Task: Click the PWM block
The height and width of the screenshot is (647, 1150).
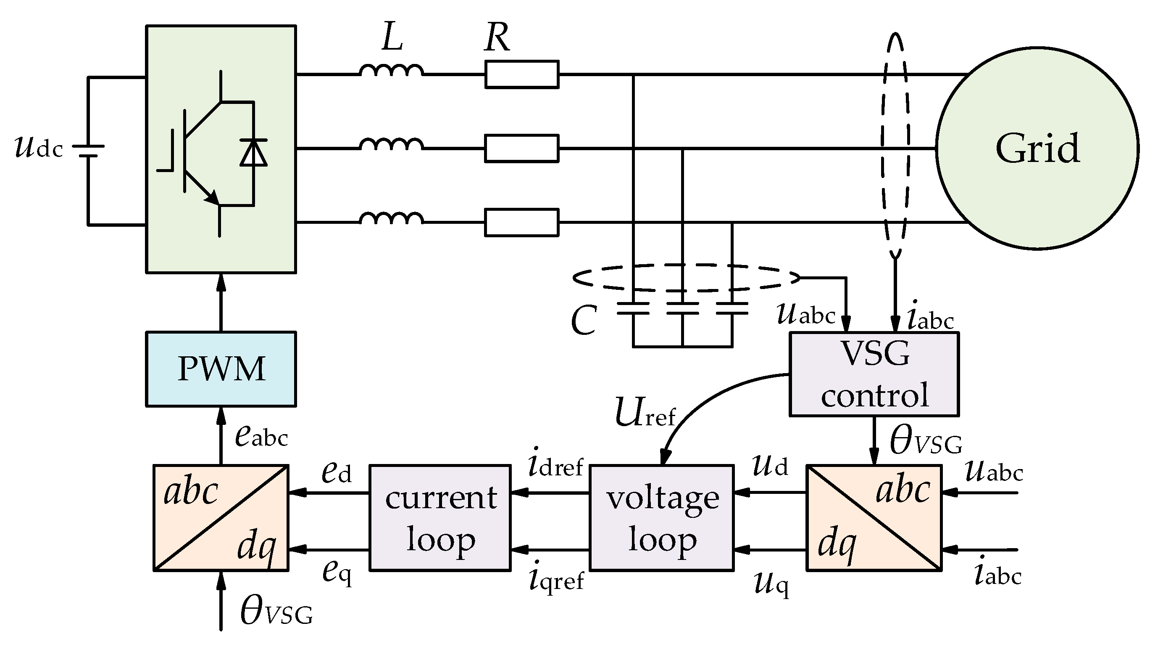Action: pyautogui.click(x=221, y=369)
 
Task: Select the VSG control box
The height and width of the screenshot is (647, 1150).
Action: pyautogui.click(x=874, y=374)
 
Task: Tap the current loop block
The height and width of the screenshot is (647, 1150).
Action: pyautogui.click(x=440, y=518)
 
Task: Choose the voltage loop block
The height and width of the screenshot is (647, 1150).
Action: pyautogui.click(x=662, y=518)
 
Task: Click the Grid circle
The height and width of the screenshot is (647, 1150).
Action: pyautogui.click(x=1037, y=149)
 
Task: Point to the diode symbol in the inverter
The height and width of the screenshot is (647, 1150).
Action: pyautogui.click(x=254, y=152)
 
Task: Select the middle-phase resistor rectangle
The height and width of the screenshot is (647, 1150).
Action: pyautogui.click(x=521, y=148)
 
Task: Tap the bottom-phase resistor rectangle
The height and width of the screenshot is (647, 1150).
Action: pyautogui.click(x=521, y=222)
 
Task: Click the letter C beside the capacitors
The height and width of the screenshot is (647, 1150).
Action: pyautogui.click(x=584, y=321)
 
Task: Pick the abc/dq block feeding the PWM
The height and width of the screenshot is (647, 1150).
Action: pyautogui.click(x=221, y=518)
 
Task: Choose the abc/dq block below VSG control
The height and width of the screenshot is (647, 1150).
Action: pyautogui.click(x=874, y=518)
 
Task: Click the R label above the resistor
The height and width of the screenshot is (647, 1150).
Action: pyautogui.click(x=497, y=38)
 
